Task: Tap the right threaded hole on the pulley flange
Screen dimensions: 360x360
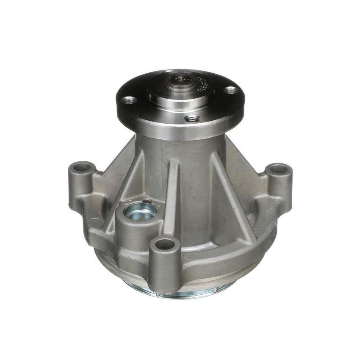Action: [231, 90]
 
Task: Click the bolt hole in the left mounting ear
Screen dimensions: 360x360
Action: [82, 167]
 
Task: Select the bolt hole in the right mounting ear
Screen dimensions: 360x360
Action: [278, 169]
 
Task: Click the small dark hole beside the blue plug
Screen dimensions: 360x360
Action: [146, 201]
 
